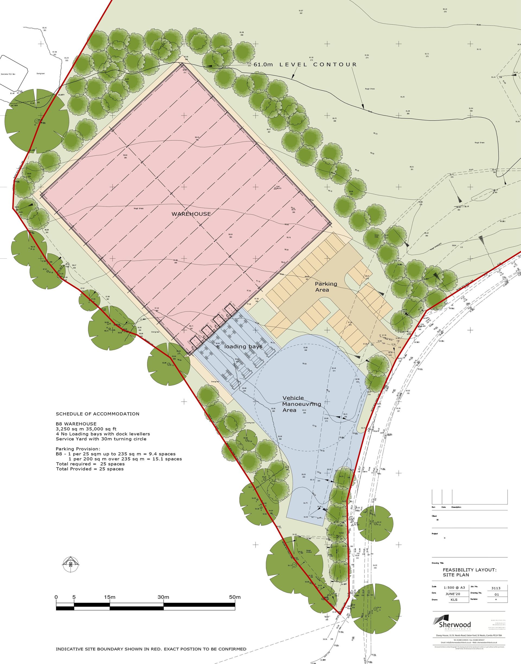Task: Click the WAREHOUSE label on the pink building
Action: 191,214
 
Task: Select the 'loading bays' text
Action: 243,347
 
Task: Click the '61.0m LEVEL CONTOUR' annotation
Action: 305,65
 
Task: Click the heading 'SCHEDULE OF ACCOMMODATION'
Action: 97,414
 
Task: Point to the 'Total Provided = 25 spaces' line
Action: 90,469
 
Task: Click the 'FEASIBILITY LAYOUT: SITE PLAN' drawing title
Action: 469,572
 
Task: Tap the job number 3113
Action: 496,588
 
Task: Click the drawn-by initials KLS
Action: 454,599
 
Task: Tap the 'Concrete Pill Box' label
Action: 10,74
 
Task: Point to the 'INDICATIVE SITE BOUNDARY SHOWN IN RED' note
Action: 151,649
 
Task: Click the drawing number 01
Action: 496,595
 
